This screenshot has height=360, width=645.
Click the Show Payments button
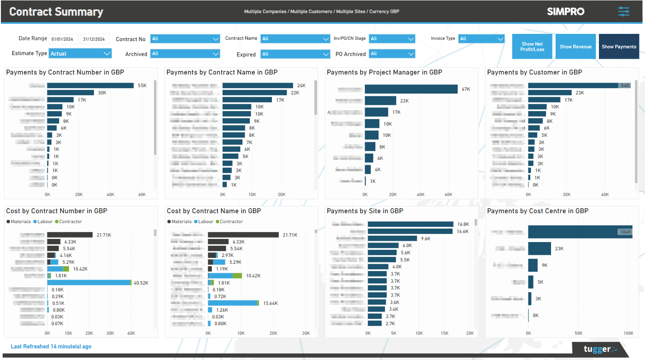click(619, 47)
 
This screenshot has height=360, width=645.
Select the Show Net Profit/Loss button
click(532, 47)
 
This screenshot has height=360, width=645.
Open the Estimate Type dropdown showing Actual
click(80, 53)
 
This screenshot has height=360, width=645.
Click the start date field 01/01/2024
click(64, 39)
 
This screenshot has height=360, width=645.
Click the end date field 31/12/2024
click(95, 39)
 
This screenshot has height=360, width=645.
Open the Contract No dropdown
click(185, 39)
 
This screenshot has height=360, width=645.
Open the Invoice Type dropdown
click(481, 39)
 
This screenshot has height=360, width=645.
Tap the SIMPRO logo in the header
click(566, 11)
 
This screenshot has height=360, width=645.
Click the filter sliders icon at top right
click(624, 11)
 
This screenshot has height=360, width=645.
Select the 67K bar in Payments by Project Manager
click(411, 89)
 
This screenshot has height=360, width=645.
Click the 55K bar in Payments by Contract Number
click(90, 85)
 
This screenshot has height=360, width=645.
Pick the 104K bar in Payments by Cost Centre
click(580, 232)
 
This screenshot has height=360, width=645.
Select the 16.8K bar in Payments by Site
click(410, 224)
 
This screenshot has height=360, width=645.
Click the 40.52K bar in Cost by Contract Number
click(89, 283)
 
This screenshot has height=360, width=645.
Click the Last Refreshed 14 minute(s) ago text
click(51, 346)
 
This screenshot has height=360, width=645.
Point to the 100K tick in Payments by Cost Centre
click(628, 333)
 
